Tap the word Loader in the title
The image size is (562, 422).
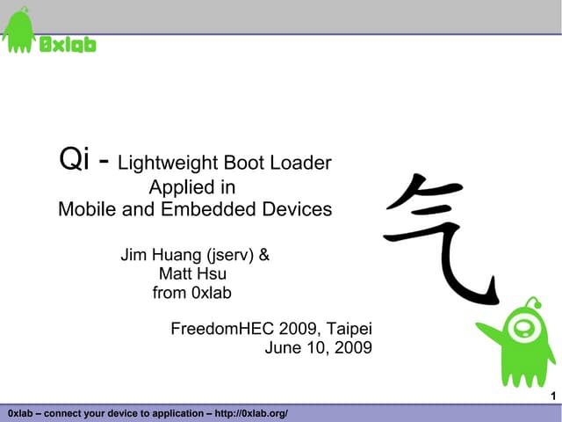click(305, 163)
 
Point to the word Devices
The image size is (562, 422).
click(299, 209)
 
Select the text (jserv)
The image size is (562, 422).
click(230, 257)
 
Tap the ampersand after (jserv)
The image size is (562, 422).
click(264, 256)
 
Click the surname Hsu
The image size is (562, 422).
click(213, 274)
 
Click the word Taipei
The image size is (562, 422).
click(350, 330)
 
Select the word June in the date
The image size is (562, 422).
click(283, 348)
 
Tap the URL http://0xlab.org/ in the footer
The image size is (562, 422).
click(252, 413)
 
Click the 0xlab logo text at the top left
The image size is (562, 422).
click(68, 44)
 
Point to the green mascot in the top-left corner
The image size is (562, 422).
click(18, 33)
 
